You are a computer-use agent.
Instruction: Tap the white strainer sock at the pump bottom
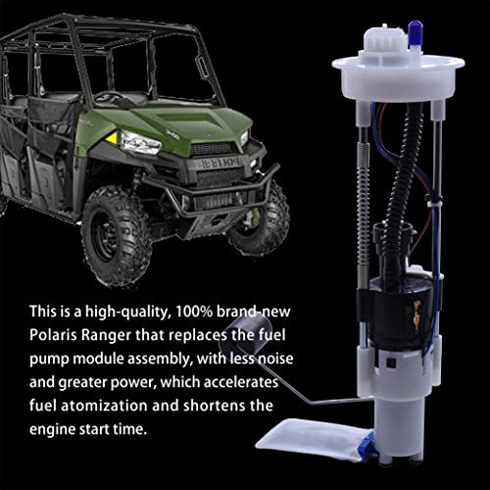point(314,438)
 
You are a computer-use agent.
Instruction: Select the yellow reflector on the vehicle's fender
point(113,138)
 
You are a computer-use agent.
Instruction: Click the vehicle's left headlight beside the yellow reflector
point(140,143)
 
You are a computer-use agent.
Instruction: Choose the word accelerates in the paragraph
point(241,382)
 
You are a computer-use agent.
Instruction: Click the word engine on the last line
point(52,430)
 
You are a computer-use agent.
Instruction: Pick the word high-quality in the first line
point(128,313)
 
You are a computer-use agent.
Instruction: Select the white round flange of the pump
point(398,78)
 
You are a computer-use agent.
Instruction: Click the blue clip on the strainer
point(370,446)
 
